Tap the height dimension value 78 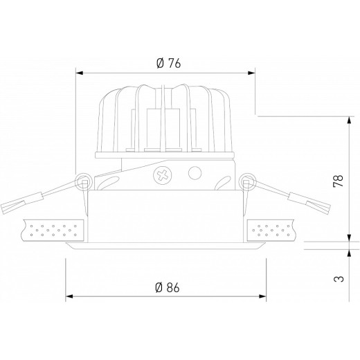337,182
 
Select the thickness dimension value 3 337,279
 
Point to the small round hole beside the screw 195,172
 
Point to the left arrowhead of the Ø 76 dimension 78,71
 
